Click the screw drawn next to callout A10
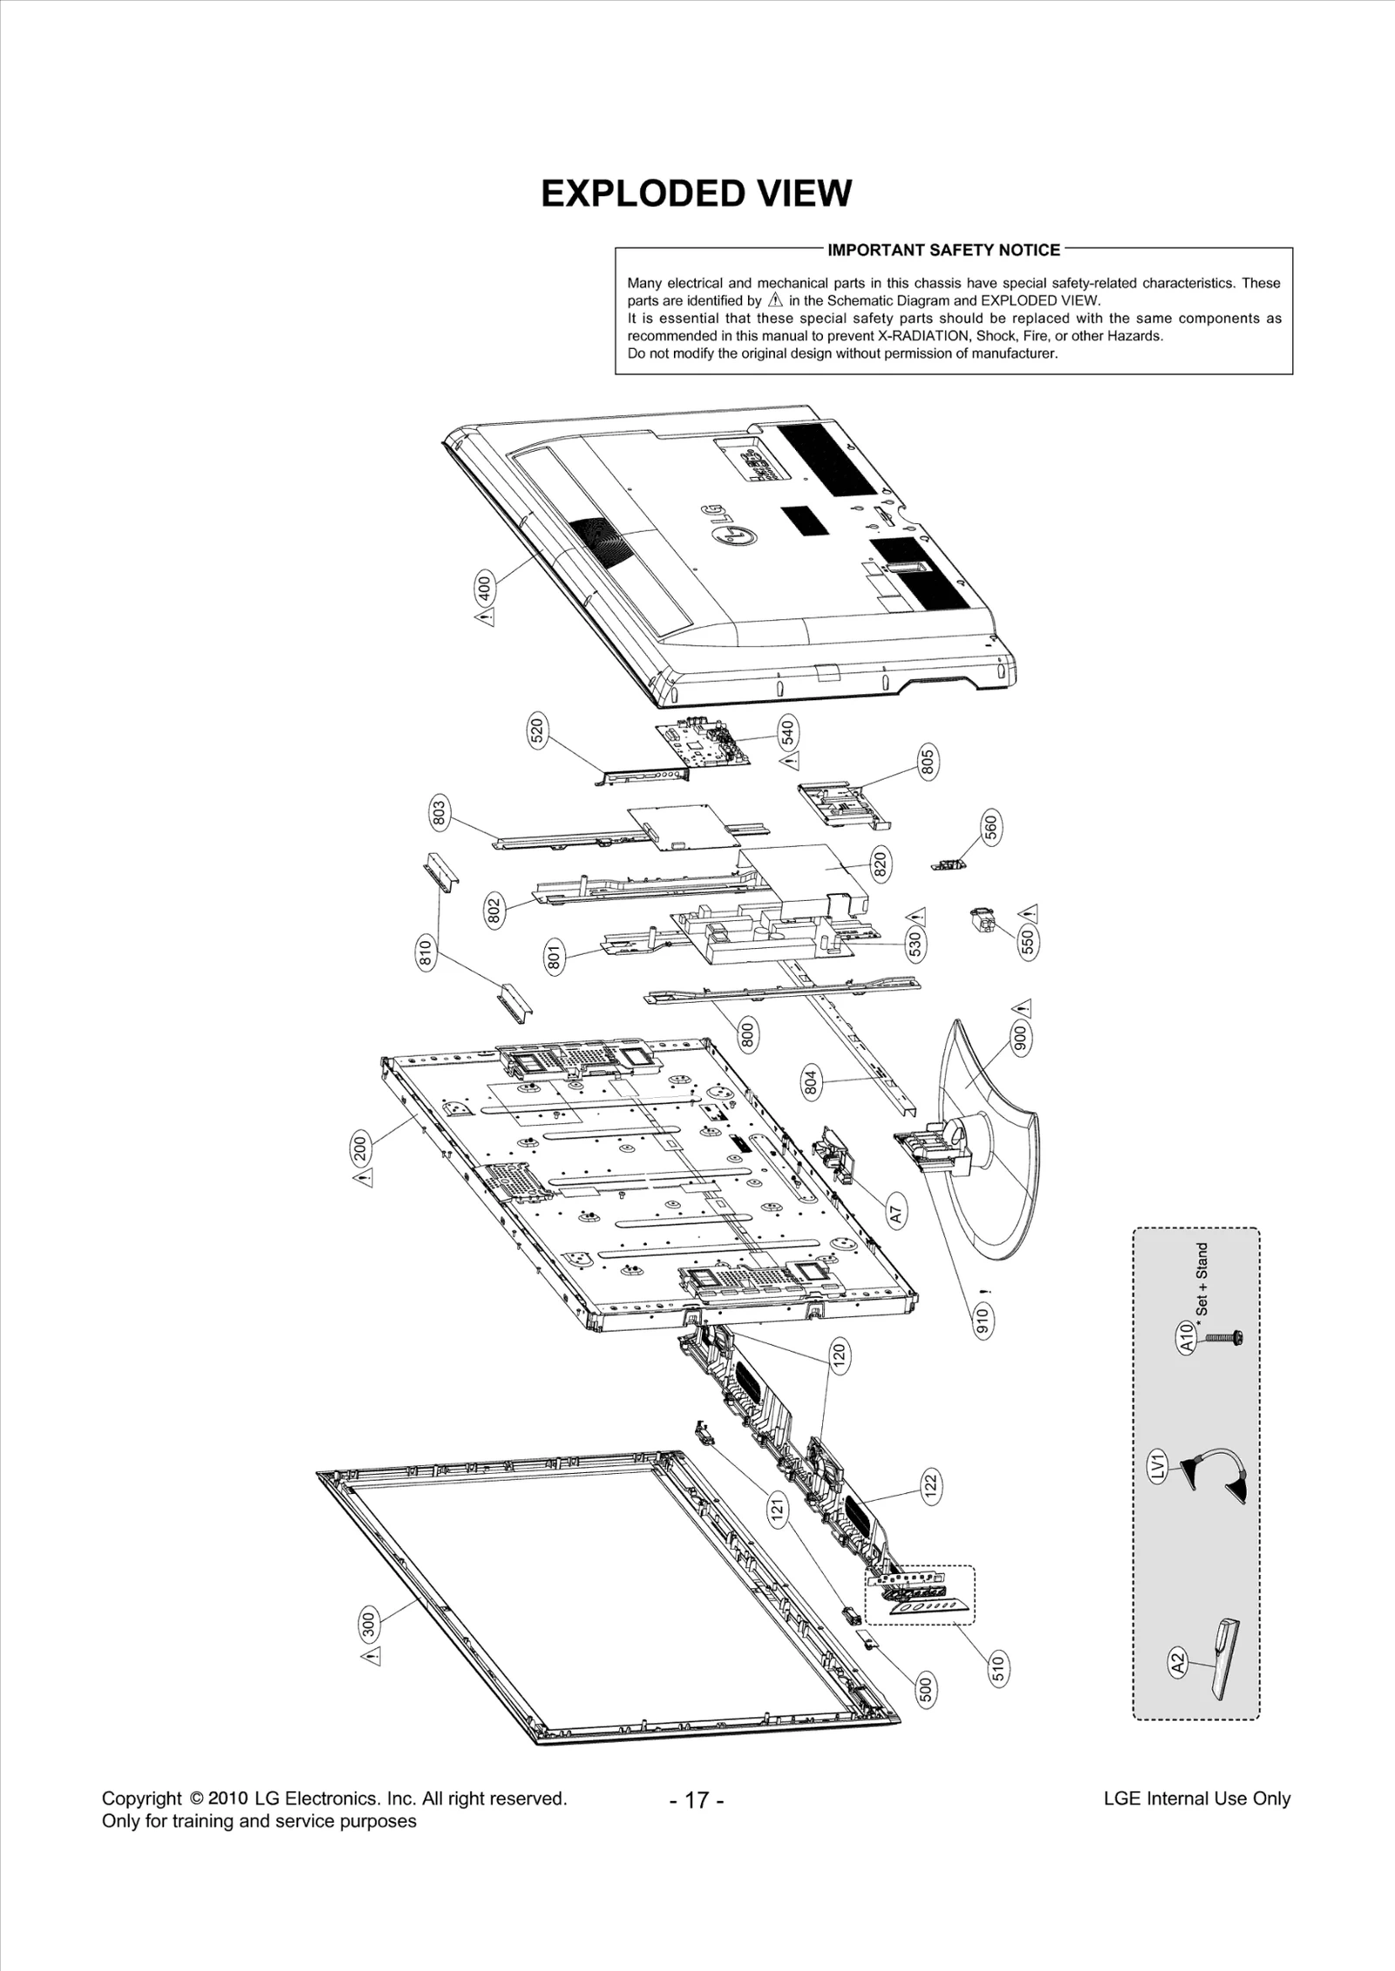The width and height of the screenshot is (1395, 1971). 1225,1337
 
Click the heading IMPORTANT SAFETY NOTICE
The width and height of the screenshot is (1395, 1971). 943,250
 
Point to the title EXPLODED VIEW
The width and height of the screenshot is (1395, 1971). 696,194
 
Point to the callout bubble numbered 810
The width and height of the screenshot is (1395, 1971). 425,952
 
